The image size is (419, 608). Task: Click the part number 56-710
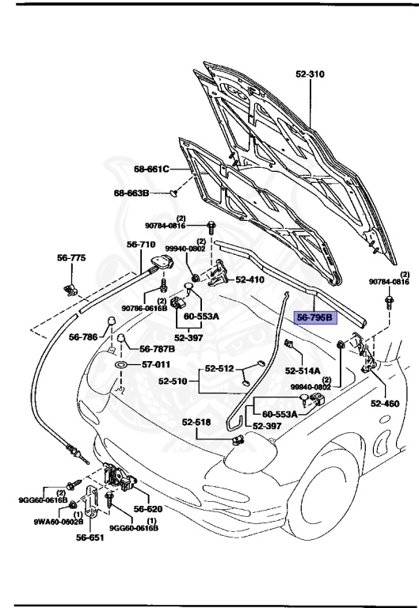[x=141, y=245]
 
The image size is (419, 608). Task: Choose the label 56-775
[x=71, y=258]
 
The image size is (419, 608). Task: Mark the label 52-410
[x=251, y=279]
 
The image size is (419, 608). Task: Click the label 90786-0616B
[x=144, y=308]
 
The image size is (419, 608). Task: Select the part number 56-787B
[x=157, y=348]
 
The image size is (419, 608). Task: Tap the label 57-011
[x=155, y=365]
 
